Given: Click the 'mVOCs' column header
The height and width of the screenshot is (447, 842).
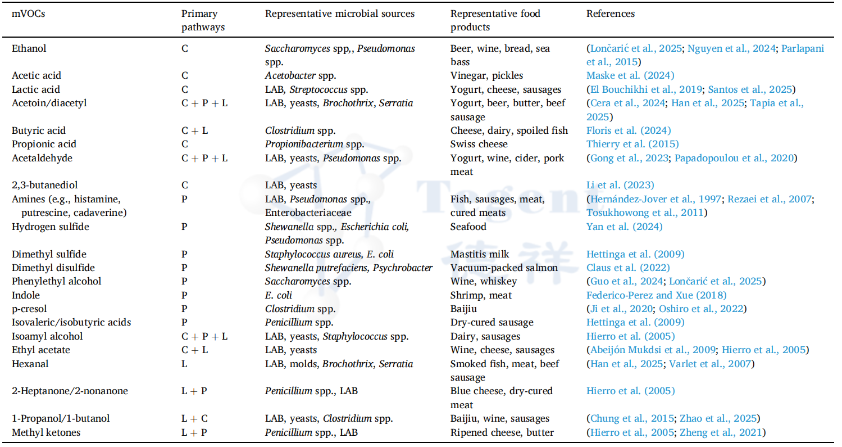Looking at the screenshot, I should (x=29, y=13).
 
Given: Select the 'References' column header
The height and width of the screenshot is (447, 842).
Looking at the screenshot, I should (x=611, y=13).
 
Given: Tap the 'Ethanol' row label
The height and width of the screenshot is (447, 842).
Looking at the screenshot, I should (x=29, y=48).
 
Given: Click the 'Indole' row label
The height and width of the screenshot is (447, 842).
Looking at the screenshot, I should (x=26, y=295).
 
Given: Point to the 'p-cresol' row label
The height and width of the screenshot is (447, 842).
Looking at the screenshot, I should (x=29, y=309).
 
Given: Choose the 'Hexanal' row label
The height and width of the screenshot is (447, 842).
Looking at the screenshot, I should (x=30, y=364).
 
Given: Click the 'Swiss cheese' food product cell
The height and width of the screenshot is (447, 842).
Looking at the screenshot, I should (x=479, y=144).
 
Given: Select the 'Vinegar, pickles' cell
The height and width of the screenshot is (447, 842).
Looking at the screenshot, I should (x=486, y=75).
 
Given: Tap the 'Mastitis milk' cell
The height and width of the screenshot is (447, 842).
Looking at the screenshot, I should (x=481, y=254).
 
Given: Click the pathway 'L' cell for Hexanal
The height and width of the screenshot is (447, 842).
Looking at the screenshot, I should (x=184, y=364).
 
